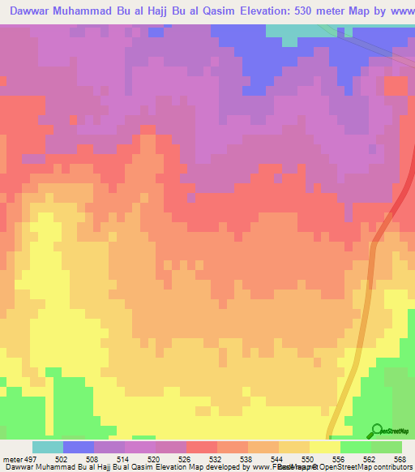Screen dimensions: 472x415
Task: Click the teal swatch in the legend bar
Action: [x=48, y=448]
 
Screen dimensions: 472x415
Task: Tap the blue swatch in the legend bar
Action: [x=79, y=448]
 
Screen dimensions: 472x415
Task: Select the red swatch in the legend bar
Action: [x=201, y=448]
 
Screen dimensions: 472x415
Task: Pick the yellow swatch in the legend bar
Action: [x=324, y=448]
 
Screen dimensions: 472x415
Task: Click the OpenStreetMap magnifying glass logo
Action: [x=376, y=431]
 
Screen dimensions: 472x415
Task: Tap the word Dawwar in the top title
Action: [x=32, y=13]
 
